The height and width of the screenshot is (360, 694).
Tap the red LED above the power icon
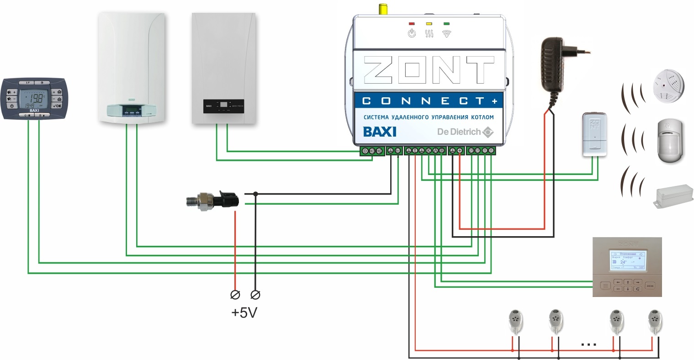point(412,23)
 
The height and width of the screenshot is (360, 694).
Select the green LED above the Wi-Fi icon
point(446,23)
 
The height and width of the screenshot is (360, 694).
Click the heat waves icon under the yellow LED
point(429,33)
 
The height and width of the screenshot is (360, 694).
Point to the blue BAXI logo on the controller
point(380,132)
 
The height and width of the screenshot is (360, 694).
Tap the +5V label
point(244,313)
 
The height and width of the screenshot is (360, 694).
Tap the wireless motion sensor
point(670,140)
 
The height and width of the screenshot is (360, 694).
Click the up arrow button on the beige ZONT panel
point(628,282)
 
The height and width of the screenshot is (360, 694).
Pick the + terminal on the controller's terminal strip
point(460,151)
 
